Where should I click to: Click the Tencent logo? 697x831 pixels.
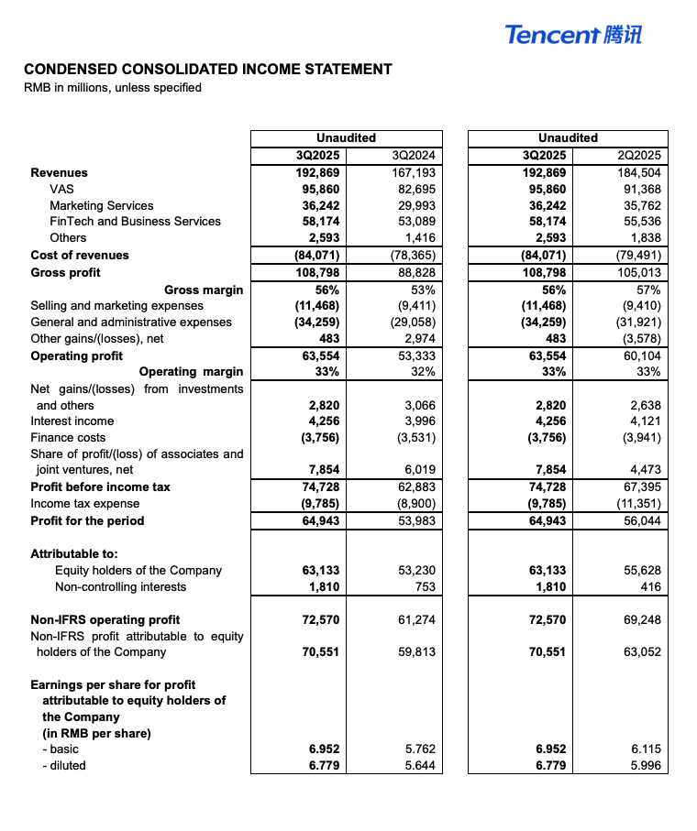click(x=573, y=35)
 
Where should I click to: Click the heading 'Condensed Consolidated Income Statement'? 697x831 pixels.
click(x=208, y=69)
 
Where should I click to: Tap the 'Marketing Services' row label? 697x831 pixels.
click(x=102, y=205)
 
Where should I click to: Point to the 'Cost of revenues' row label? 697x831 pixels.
click(x=80, y=255)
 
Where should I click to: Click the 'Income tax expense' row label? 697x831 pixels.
click(x=85, y=503)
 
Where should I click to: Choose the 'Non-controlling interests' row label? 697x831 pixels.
click(x=120, y=586)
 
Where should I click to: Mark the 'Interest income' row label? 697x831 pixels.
click(x=72, y=421)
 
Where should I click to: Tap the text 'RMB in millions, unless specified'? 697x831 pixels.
click(x=113, y=88)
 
